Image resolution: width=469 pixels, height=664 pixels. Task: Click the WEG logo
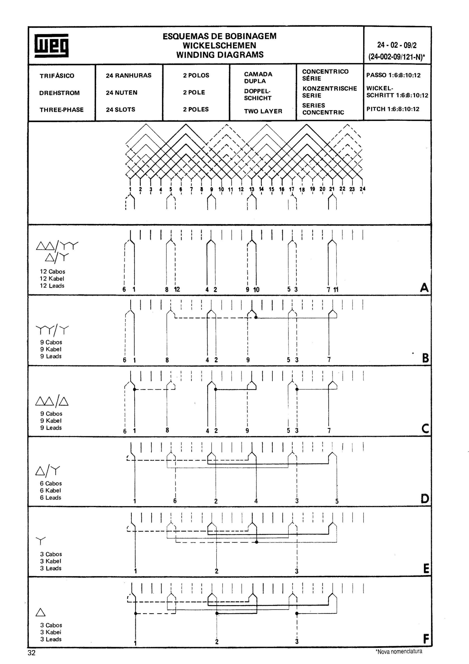coord(52,45)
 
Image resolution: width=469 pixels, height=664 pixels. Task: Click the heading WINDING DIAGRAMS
coord(220,55)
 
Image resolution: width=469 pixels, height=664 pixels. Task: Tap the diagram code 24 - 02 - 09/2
coord(396,45)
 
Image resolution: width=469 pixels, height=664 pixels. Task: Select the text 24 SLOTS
coord(120,110)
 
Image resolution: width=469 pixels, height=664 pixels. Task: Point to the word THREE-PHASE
coord(62,110)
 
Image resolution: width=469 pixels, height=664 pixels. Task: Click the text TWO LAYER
coord(263,111)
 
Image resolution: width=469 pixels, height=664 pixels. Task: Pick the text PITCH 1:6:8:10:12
coord(393,109)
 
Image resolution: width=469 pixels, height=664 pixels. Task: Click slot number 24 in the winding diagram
coord(362,189)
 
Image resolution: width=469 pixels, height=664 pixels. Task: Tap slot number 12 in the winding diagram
coord(241,189)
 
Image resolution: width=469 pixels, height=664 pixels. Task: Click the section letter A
coord(424,288)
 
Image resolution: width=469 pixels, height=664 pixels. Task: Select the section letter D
coord(425,499)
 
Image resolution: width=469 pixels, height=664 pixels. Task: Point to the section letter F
coord(426,639)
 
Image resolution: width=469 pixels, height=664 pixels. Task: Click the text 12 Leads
coord(52,286)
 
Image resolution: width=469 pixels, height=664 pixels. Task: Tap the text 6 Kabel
coord(50,491)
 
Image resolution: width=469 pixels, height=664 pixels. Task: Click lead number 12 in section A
coord(177,289)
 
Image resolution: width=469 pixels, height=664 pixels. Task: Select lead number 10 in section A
coord(256,289)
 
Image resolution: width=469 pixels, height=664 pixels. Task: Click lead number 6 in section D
coord(175,501)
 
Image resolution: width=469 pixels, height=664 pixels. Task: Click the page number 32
coord(32,653)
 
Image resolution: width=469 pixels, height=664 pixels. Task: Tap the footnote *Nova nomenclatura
coord(398,651)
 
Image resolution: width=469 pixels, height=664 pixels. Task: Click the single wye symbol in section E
coord(41,541)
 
